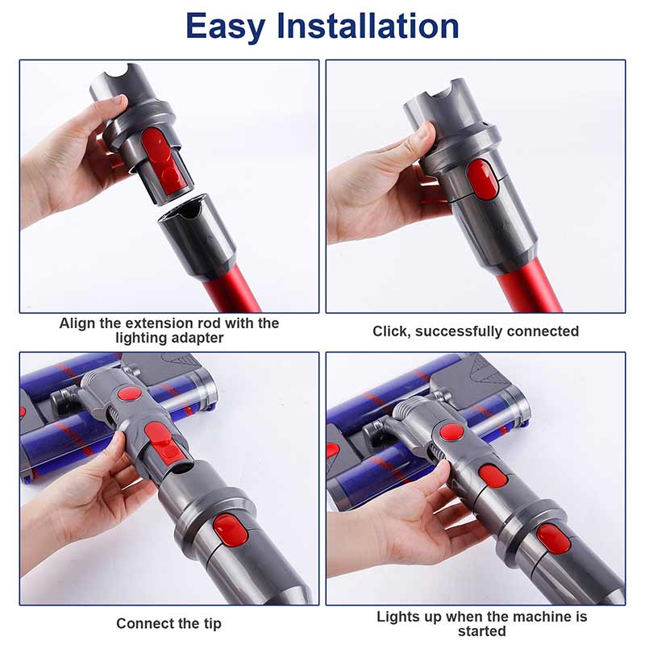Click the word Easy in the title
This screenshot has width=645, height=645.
[x=225, y=27]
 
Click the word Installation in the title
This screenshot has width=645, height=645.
[x=368, y=26]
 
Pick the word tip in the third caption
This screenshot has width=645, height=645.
[x=213, y=623]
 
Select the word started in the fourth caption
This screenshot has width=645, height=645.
[x=481, y=631]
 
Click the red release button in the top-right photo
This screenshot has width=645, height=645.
[x=482, y=179]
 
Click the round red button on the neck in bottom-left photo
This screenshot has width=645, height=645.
[x=130, y=394]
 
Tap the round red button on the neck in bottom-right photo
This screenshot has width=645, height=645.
[x=451, y=433]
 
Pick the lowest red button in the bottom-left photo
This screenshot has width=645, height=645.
[x=231, y=531]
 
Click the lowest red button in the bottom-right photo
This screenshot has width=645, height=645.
[x=553, y=539]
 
